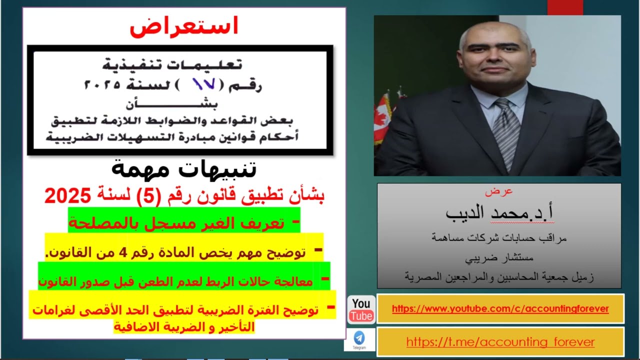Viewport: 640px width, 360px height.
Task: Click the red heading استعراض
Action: point(183,26)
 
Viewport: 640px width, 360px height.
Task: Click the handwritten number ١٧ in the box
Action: point(204,83)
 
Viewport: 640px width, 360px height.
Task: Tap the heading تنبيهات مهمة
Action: point(183,168)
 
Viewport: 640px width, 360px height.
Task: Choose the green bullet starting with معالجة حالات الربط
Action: point(175,281)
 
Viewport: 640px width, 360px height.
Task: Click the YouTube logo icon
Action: point(361,309)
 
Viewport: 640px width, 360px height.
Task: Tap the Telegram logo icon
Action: point(359,338)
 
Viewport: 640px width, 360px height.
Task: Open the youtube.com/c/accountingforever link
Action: point(500,309)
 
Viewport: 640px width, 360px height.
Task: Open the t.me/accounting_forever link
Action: point(500,342)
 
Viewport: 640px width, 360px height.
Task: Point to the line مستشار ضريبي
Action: point(499,258)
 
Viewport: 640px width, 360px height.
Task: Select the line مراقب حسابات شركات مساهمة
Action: point(499,238)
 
